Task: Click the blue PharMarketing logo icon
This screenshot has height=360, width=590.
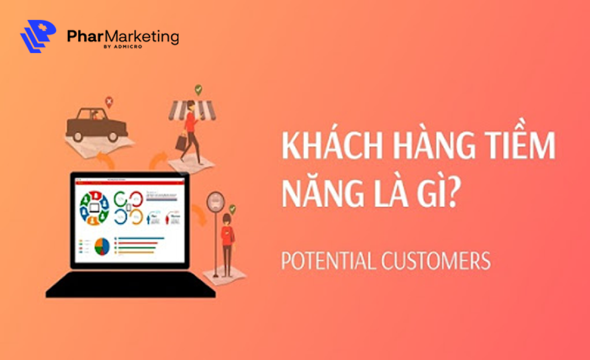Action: pyautogui.click(x=37, y=36)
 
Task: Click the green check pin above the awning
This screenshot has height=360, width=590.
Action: pyautogui.click(x=198, y=90)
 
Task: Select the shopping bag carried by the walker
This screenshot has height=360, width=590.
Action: pyautogui.click(x=181, y=142)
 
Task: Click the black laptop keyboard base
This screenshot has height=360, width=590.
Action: pyautogui.click(x=130, y=286)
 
